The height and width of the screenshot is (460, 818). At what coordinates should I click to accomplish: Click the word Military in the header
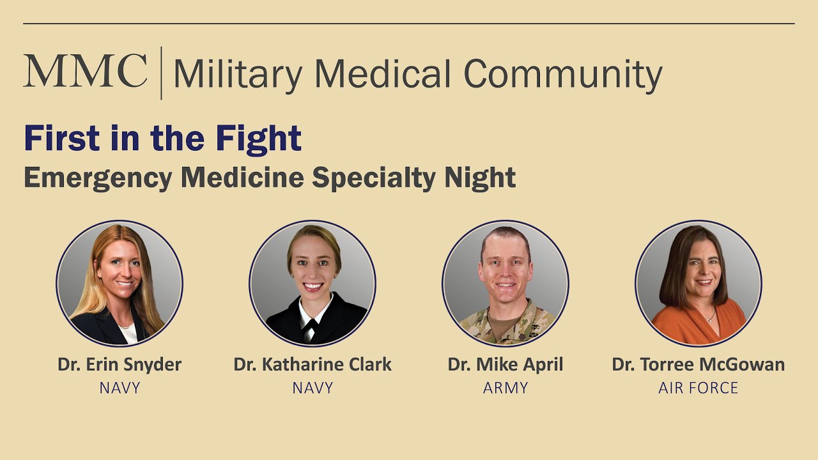(237, 75)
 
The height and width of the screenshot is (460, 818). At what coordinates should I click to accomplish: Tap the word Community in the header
(562, 75)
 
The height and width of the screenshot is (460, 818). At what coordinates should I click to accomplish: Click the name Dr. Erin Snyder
(120, 365)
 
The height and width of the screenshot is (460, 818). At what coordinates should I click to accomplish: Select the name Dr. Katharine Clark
(313, 365)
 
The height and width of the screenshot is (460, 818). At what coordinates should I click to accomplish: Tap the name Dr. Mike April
(505, 365)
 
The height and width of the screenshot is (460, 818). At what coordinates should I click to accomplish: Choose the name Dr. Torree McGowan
(698, 365)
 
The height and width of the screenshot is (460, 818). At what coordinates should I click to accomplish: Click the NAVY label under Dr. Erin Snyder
(120, 387)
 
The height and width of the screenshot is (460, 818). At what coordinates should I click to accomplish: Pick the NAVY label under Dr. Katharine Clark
(313, 387)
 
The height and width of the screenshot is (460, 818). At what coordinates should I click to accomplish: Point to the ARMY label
(505, 387)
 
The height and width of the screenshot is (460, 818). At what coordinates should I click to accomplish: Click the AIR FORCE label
(698, 387)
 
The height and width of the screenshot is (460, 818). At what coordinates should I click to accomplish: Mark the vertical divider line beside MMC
(160, 73)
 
